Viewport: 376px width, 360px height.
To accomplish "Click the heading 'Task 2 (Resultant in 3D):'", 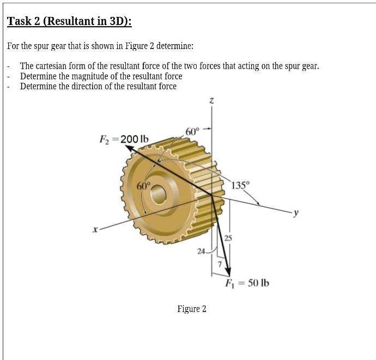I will (69, 22).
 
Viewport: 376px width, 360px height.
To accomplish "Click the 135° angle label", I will (240, 184).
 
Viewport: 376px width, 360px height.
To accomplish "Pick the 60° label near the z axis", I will (193, 131).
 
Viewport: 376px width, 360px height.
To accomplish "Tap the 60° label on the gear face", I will (144, 185).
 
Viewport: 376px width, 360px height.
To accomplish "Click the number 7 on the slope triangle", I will (220, 265).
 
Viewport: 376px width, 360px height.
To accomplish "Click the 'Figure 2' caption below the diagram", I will (192, 309).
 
